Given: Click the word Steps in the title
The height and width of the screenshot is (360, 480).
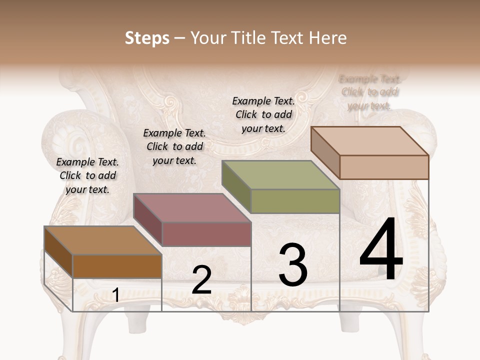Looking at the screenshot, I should pos(147,38).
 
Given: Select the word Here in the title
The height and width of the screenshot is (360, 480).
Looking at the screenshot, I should pos(327,38).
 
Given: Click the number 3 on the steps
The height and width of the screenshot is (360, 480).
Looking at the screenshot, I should pos(292,265).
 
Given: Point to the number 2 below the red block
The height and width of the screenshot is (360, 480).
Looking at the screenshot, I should pos(201,280).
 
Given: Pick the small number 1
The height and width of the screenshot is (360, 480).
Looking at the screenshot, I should pos(115,295).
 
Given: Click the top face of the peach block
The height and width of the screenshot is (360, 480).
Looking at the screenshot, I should pos(369,140).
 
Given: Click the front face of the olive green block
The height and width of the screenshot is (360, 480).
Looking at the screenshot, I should pos(295,201).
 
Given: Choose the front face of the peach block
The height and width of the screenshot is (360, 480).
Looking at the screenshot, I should pos(384,167).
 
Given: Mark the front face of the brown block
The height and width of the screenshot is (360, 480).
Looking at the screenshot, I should pos(117,266).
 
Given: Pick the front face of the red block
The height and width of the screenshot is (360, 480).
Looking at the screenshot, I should pos(206,234).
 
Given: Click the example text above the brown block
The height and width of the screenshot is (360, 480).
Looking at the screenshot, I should pos(87,175).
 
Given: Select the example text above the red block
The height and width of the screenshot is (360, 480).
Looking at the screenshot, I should pos(174,146).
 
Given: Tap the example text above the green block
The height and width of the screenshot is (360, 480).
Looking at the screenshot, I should pos(263,114).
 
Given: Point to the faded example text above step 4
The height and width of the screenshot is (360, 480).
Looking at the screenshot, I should pos(369,92).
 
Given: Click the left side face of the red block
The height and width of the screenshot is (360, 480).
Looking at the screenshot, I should pos(148,220).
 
